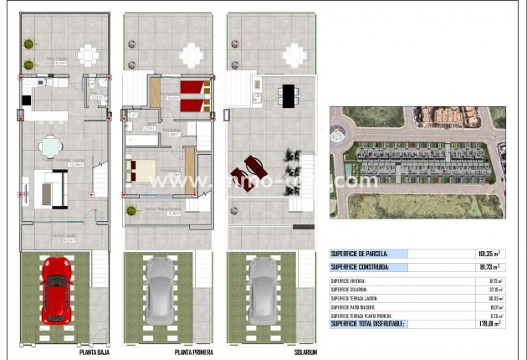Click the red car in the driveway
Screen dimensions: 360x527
click(x=57, y=290)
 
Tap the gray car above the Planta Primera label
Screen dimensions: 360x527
click(x=160, y=290)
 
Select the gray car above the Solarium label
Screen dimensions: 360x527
click(x=263, y=290)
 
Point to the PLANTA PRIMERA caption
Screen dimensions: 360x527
click(x=194, y=352)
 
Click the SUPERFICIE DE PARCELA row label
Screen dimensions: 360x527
click(x=364, y=253)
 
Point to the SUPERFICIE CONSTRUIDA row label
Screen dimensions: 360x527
click(x=361, y=267)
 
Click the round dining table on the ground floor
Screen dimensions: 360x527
click(x=52, y=145)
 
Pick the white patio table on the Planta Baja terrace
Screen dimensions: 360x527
click(x=88, y=54)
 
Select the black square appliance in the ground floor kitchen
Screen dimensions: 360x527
click(x=27, y=100)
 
